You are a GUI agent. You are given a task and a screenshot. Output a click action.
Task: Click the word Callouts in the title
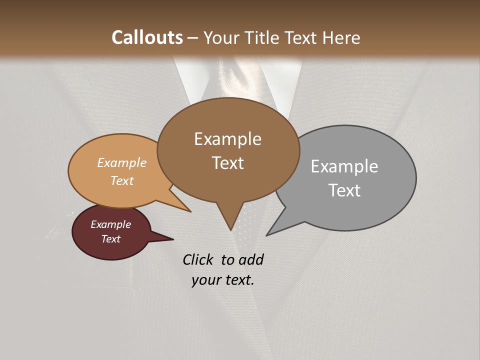pyautogui.click(x=147, y=37)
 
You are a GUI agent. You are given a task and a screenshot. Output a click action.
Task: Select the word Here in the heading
pyautogui.click(x=341, y=37)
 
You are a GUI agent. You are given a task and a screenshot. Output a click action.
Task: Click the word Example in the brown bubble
pyautogui.click(x=227, y=138)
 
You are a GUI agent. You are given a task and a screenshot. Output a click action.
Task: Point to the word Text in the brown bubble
pyautogui.click(x=227, y=162)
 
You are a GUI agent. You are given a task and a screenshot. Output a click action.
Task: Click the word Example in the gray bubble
pyautogui.click(x=344, y=166)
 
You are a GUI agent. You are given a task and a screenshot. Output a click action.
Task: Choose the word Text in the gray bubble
pyautogui.click(x=344, y=190)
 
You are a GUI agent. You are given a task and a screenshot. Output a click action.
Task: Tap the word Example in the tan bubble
pyautogui.click(x=122, y=162)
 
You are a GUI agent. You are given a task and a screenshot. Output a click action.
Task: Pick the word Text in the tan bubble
pyautogui.click(x=122, y=180)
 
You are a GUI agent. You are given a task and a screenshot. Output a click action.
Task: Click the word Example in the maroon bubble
pyautogui.click(x=110, y=224)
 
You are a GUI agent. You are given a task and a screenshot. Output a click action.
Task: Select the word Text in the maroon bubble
pyautogui.click(x=110, y=239)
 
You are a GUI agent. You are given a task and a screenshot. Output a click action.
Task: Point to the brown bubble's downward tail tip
pyautogui.click(x=230, y=230)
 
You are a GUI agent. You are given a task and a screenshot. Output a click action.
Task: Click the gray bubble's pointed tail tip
pyautogui.click(x=266, y=235)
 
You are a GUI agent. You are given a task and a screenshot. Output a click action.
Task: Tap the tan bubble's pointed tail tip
pyautogui.click(x=191, y=211)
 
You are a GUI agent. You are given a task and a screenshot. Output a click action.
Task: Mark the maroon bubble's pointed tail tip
pyautogui.click(x=173, y=239)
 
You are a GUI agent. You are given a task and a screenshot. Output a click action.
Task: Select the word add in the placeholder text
pyautogui.click(x=251, y=259)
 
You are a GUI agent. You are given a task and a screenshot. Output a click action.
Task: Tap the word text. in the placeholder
pyautogui.click(x=239, y=280)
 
